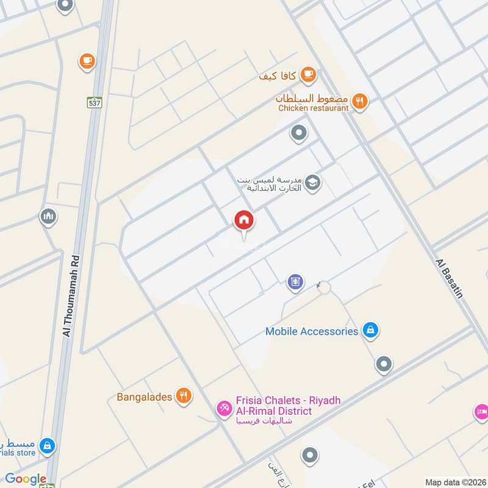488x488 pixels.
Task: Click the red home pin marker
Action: click(x=244, y=221)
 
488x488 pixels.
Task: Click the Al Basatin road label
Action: click(x=450, y=278)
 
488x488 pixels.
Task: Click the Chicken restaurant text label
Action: click(x=313, y=108)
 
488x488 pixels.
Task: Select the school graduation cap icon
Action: click(x=313, y=182)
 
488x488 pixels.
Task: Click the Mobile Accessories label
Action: click(x=311, y=331)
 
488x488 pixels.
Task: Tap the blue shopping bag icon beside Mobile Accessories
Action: click(x=370, y=331)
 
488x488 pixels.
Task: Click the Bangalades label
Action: click(x=145, y=397)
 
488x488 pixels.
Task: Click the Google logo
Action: click(x=26, y=479)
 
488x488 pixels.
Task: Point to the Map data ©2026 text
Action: click(x=454, y=482)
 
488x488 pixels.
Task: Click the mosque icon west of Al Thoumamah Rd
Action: click(x=48, y=216)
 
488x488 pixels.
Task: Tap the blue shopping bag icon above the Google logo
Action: click(x=47, y=447)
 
